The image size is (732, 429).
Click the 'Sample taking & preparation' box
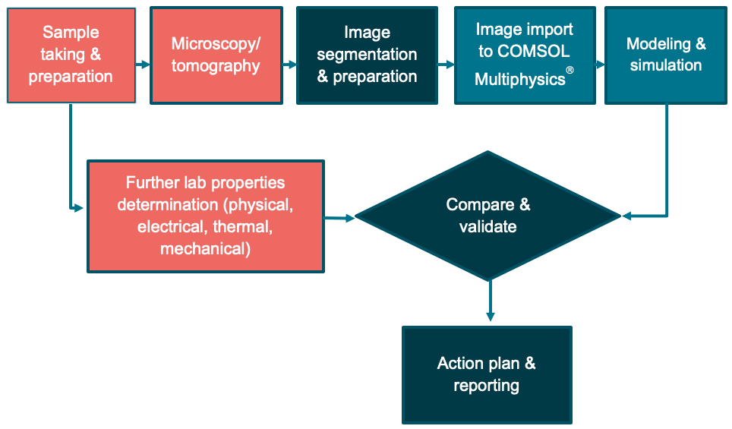(71, 55)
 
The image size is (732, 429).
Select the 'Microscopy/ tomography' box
(216, 55)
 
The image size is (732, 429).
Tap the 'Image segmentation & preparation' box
(367, 55)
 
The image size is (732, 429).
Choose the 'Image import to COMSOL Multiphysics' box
(524, 55)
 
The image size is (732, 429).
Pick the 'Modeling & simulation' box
(665, 55)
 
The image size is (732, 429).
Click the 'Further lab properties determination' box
(205, 216)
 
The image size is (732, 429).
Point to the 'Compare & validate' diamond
(488, 216)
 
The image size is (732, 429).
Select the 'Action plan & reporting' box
(486, 374)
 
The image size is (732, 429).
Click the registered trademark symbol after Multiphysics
(570, 71)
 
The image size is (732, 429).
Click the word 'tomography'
(216, 66)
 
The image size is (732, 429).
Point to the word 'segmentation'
(368, 55)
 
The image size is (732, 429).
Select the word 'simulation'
(665, 65)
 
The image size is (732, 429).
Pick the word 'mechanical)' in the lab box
(205, 248)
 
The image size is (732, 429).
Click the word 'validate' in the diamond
(487, 226)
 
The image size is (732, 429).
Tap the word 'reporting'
(486, 385)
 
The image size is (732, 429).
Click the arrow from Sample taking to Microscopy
(143, 65)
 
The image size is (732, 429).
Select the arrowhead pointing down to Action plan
(491, 314)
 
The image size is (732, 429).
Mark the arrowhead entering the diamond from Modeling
(628, 216)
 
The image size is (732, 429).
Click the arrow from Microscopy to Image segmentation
(289, 65)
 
